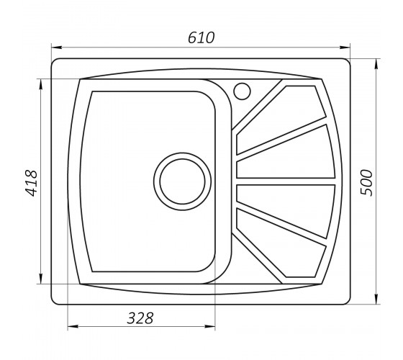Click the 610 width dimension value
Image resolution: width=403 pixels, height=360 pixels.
pos(201,37)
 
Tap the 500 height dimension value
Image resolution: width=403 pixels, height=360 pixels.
pos(366,183)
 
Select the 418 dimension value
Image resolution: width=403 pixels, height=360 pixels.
pos(31,183)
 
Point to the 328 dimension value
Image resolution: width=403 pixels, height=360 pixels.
pos(140,318)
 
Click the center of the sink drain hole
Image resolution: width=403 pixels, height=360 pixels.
pos(183,181)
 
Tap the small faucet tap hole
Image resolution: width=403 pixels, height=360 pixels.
pos(242,91)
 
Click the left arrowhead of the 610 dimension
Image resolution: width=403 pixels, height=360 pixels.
pos(57,48)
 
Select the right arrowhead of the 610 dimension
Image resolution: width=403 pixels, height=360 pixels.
pos(345,48)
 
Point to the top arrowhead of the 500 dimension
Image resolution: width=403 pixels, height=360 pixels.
pos(376,64)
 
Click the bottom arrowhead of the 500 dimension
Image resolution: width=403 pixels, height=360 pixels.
pos(376,299)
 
